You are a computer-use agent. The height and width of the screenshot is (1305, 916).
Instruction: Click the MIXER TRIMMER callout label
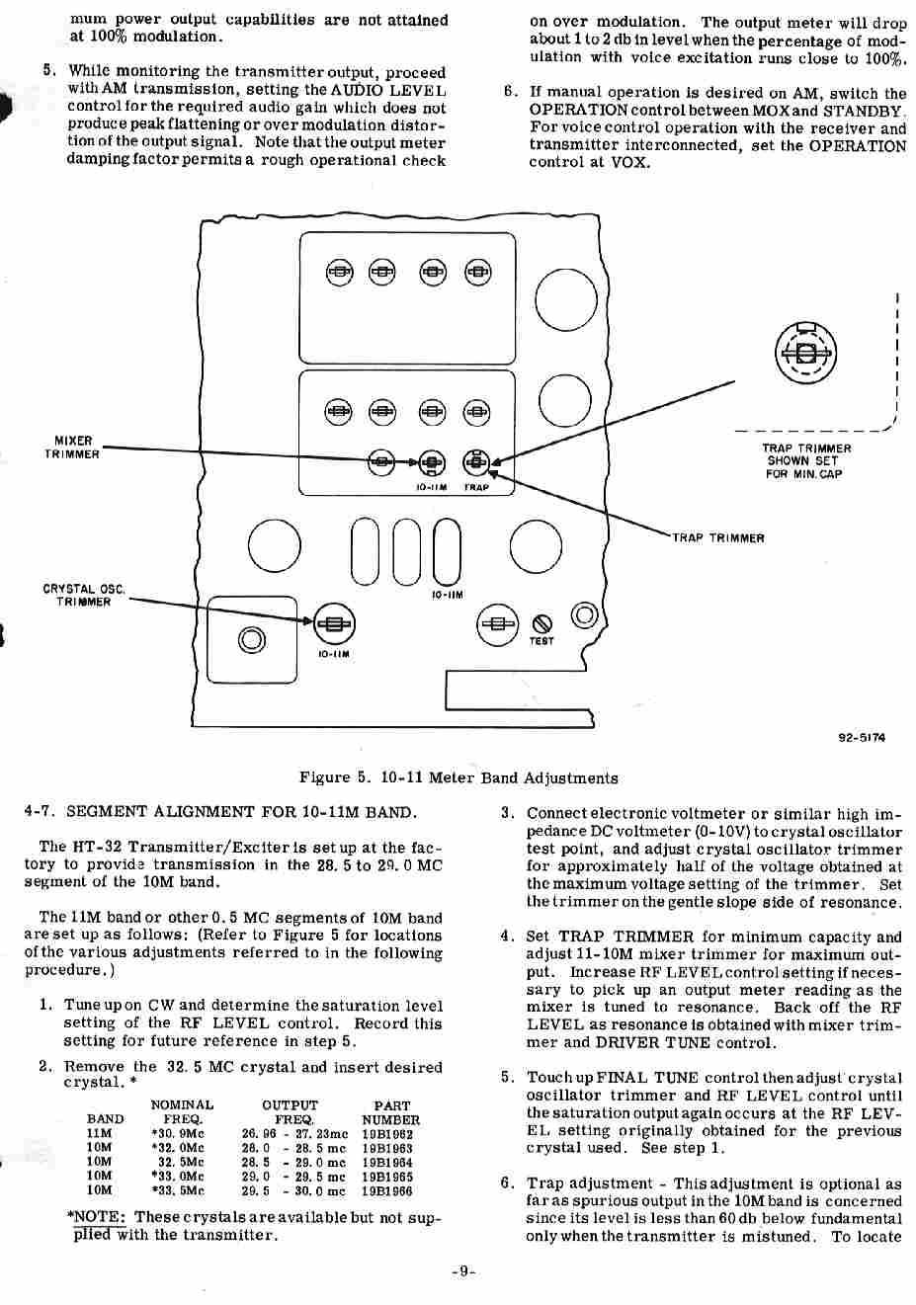coord(72,448)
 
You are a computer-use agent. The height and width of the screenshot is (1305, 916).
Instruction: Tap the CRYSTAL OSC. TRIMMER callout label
coord(83,595)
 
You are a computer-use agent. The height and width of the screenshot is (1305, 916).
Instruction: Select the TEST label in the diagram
coord(541,641)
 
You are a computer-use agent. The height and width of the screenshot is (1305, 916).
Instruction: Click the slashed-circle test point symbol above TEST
coord(541,623)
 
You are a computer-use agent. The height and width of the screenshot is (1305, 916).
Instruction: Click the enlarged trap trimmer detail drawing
coord(805,352)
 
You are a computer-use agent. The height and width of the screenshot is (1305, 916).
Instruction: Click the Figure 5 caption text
coord(458,777)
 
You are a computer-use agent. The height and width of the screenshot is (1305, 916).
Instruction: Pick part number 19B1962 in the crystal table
coord(387,1135)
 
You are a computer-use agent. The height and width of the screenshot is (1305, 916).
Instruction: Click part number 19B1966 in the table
coord(387,1190)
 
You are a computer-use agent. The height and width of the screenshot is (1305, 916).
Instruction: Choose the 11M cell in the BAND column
coord(99,1135)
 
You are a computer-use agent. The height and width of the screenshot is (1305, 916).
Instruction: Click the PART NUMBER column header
coord(391,1112)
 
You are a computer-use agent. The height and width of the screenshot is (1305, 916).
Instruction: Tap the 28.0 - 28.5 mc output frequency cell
coord(293,1149)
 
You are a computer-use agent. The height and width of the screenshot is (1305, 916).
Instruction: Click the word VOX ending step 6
coord(630,163)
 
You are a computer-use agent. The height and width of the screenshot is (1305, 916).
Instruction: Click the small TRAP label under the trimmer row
coord(476,487)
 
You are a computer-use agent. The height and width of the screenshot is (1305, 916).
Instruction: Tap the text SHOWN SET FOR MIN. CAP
coord(803,467)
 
